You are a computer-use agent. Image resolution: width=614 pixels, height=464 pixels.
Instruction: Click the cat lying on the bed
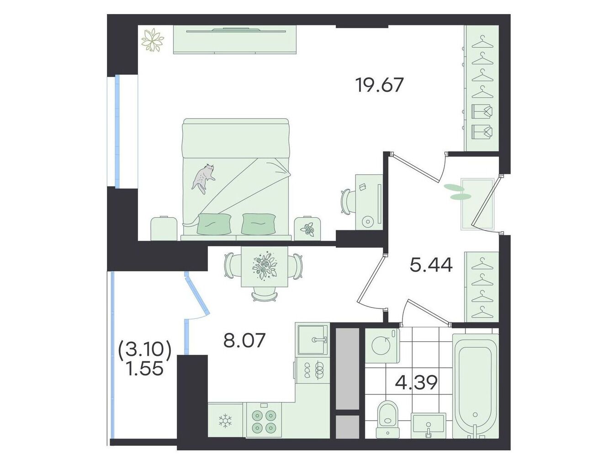coord(203,178)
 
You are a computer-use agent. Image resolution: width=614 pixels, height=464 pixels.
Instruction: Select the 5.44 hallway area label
coord(431,265)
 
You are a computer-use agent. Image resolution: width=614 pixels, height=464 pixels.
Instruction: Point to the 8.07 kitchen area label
coord(244,340)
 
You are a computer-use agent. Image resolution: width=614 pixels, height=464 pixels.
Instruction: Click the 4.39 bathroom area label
coord(416,382)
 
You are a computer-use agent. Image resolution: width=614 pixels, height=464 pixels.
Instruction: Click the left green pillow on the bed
coord(214,224)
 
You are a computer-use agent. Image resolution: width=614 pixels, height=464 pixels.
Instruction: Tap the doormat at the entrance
coord(477,204)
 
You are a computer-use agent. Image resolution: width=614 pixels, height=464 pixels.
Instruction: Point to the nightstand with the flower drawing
coord(307,228)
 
